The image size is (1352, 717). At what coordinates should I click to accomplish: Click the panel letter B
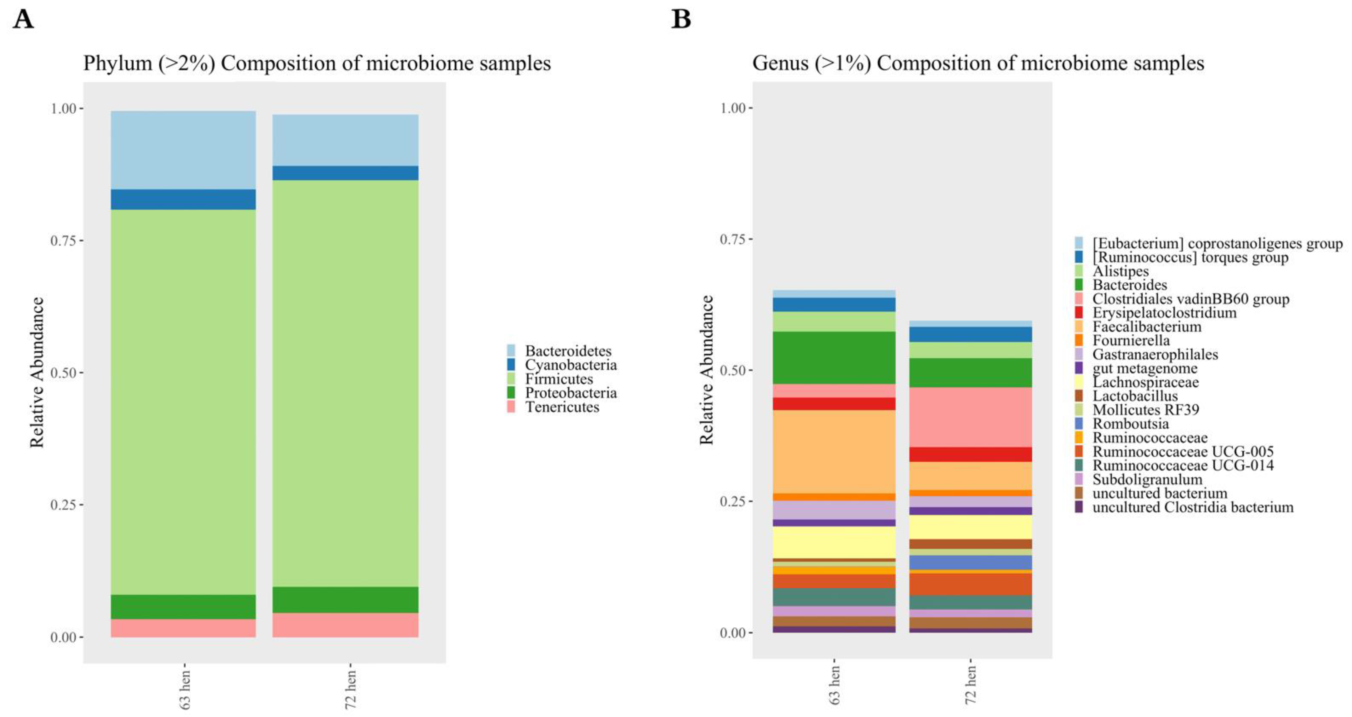[x=681, y=20]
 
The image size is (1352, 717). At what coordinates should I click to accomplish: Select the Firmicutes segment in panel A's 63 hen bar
[x=183, y=401]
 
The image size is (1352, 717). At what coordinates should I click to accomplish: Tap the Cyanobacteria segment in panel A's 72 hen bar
[x=345, y=173]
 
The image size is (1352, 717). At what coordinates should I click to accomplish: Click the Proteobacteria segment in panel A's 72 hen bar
[x=345, y=600]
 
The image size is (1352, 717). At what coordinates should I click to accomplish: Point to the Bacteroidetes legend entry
[x=567, y=351]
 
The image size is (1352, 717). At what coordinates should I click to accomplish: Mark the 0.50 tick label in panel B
[x=733, y=370]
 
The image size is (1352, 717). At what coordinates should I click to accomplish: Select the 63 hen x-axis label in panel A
[x=185, y=689]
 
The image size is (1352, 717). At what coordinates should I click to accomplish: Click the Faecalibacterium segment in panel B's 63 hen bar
[x=834, y=451]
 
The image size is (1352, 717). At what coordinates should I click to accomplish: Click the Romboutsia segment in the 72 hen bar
[x=970, y=562]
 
